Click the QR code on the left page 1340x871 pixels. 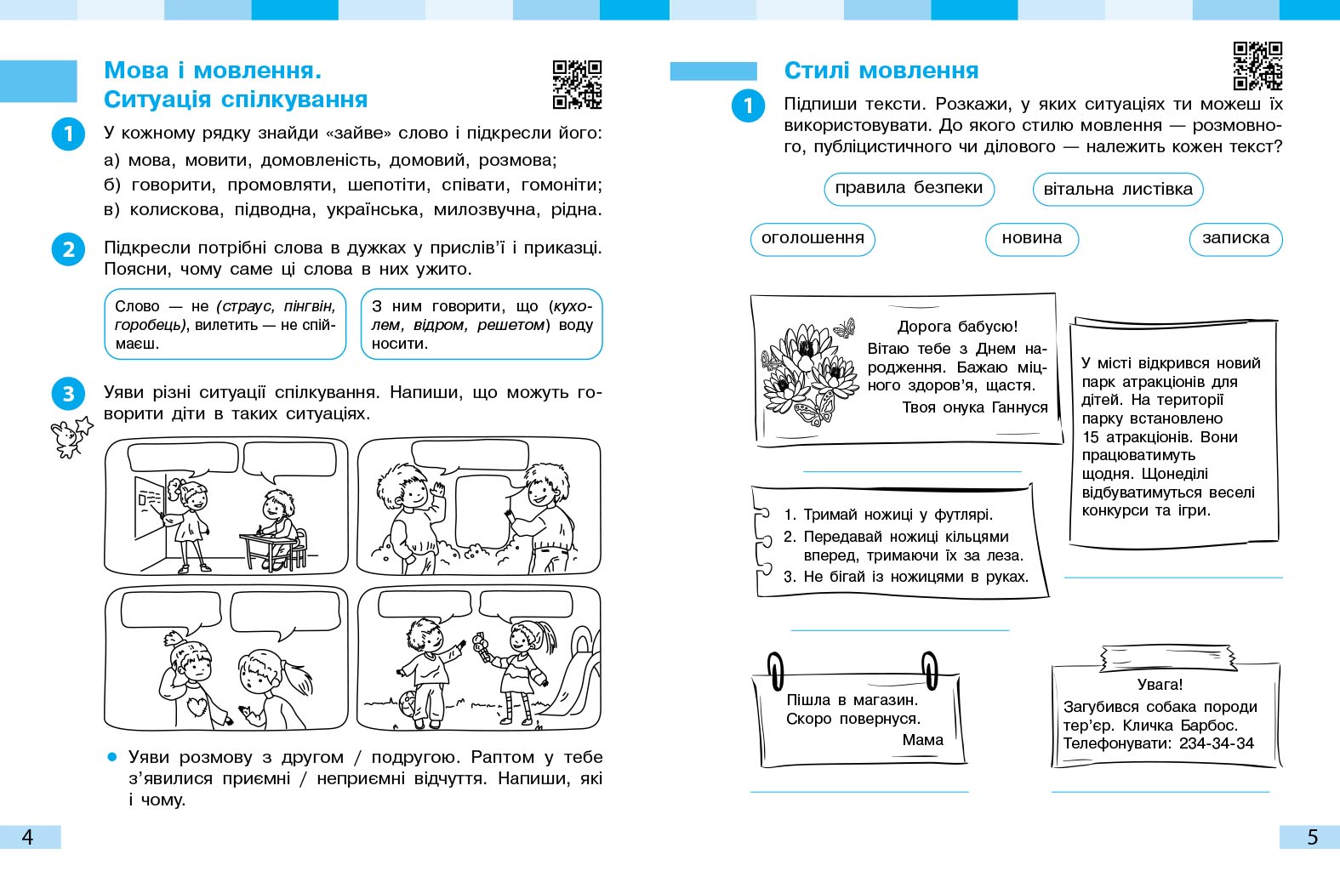tap(577, 85)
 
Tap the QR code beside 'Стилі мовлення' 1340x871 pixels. tap(1257, 65)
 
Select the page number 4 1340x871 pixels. tap(27, 837)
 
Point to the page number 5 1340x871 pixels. tap(1312, 837)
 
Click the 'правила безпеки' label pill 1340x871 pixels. tap(909, 188)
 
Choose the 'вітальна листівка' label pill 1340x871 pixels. tap(1118, 189)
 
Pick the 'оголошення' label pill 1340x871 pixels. tap(813, 238)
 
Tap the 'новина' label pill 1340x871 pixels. tap(1031, 238)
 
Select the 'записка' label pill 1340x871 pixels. tap(1235, 238)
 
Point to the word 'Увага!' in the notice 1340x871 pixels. tap(1160, 685)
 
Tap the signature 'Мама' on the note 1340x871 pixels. tap(922, 740)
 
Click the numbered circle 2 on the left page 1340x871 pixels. tap(68, 249)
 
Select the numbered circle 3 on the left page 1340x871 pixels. tap(68, 393)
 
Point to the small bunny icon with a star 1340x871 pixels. tap(70, 436)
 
